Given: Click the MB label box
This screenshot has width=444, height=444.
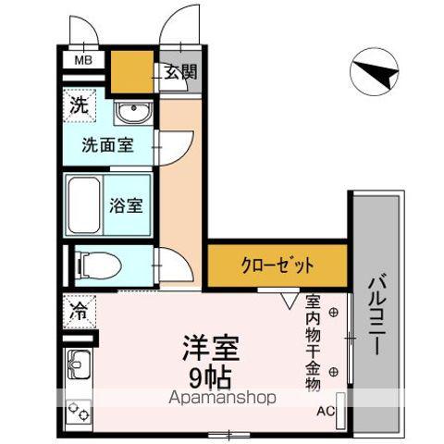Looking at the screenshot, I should [x=82, y=62].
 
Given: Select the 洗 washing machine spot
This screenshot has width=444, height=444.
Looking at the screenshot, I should [x=80, y=105].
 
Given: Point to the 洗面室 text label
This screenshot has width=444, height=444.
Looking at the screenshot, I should [x=108, y=145].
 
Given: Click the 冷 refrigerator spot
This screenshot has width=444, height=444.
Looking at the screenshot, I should [x=80, y=313].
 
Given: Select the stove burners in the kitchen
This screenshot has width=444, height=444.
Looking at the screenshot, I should [x=77, y=410].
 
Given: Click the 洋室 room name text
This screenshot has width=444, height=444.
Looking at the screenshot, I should [x=210, y=350].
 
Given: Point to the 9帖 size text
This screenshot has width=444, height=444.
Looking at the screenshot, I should [x=210, y=376].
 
